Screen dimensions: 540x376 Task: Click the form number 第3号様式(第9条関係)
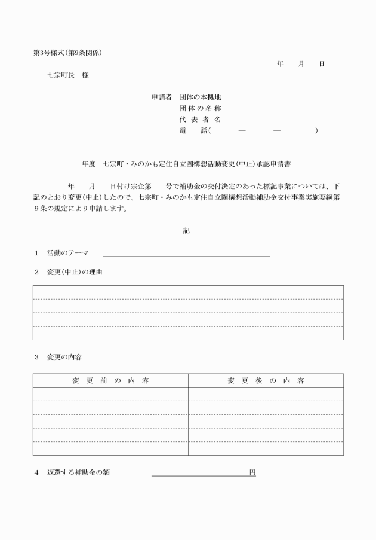[67, 53]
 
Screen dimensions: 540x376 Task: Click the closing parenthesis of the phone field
[316, 131]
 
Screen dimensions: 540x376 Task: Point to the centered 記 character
[186, 230]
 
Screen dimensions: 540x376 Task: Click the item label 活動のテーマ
[67, 254]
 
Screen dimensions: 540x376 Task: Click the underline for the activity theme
[186, 257]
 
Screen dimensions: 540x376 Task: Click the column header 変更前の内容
[110, 380]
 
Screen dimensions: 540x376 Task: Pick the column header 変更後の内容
[266, 380]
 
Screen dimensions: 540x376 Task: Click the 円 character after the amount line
[252, 473]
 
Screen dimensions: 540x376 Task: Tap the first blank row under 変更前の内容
[110, 394]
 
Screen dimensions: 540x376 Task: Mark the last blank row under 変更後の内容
[266, 449]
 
